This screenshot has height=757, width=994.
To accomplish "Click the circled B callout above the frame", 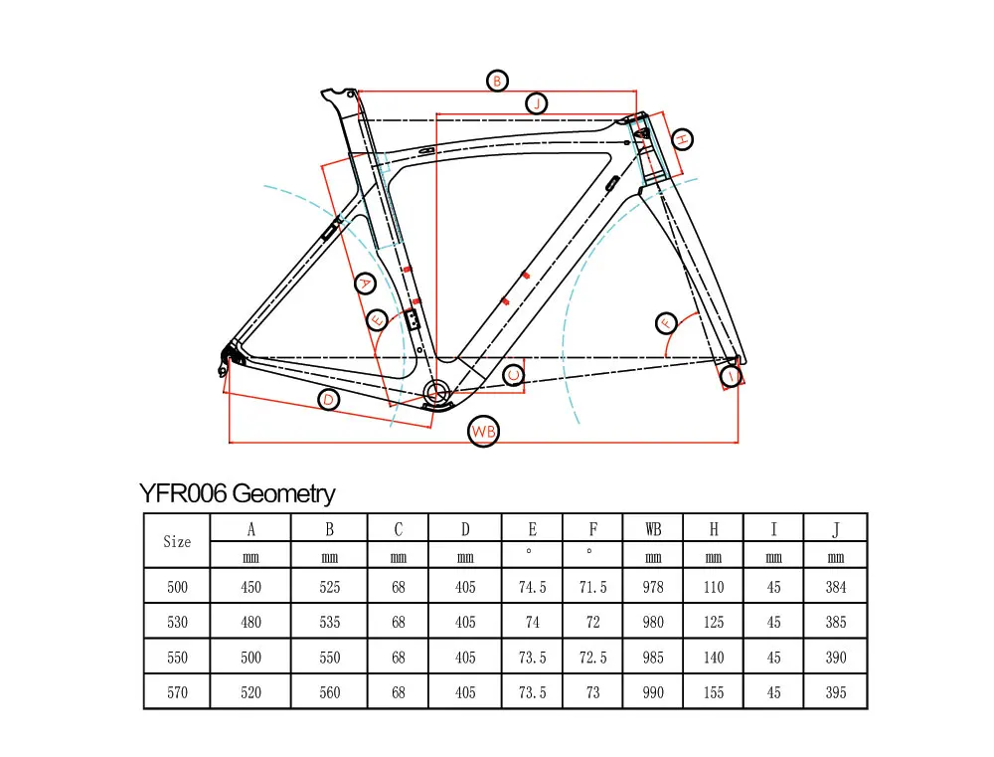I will (496, 81).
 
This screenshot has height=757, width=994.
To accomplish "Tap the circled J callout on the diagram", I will (536, 103).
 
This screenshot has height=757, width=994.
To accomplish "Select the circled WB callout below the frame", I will (483, 432).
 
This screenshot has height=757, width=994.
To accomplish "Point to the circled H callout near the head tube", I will (681, 140).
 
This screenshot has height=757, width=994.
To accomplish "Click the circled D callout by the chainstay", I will (329, 400).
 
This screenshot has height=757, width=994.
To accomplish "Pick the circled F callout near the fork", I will (666, 322).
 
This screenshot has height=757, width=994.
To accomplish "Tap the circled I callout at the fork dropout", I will (731, 376).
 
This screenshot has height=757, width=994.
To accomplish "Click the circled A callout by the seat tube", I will (365, 284).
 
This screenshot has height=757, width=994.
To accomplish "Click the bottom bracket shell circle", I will (436, 389).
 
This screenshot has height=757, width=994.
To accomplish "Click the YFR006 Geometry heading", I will (238, 493).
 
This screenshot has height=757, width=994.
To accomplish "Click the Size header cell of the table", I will (177, 542).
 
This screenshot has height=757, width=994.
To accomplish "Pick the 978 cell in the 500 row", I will (653, 587).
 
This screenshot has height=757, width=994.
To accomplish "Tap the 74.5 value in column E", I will (533, 587).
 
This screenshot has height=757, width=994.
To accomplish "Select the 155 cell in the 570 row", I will (714, 692).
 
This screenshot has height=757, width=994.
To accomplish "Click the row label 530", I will (177, 622).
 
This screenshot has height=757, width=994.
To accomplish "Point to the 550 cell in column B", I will (330, 658).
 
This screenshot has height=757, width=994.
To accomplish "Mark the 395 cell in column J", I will (836, 692).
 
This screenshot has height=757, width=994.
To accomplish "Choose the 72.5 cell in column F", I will (593, 658).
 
